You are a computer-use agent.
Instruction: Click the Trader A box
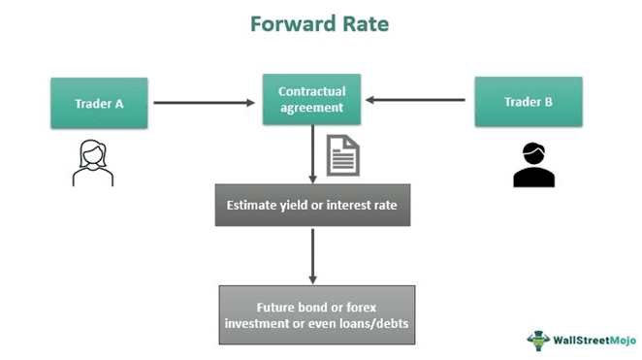coord(99,103)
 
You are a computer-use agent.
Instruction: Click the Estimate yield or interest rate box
coord(312,205)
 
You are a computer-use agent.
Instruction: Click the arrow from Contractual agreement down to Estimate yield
coord(312,154)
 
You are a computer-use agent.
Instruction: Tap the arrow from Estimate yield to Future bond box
coord(312,256)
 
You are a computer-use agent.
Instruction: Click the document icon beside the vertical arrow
coord(342,156)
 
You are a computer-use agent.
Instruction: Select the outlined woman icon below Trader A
coord(93,162)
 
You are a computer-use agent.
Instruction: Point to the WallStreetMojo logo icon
coord(538,339)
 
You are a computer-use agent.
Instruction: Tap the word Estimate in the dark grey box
coord(255,205)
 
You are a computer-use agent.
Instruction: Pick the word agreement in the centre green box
coord(311,109)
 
